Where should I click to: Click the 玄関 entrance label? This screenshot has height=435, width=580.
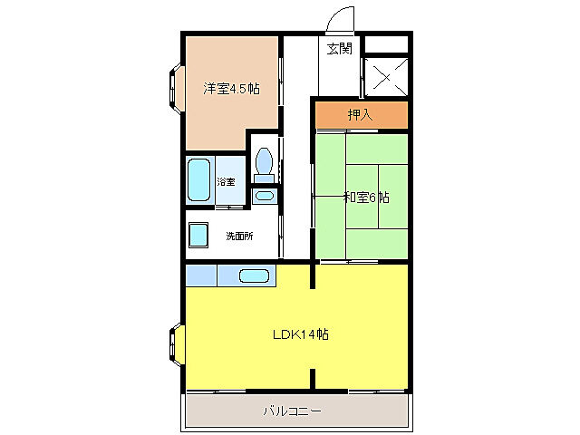pos(339,48)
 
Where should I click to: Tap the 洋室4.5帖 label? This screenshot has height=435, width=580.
pos(231,89)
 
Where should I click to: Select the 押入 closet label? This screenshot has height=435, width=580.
pos(360,115)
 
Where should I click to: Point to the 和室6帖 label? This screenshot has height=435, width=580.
pos(366,198)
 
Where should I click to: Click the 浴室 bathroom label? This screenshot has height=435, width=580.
pos(226,181)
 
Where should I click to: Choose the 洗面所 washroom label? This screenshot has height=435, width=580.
pos(239,236)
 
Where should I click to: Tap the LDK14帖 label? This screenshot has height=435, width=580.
pos(301,334)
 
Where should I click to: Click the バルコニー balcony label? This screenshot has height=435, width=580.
pos(292,411)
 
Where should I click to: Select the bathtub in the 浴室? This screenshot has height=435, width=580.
pos(199,180)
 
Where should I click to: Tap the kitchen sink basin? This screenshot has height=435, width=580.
pos(254,275)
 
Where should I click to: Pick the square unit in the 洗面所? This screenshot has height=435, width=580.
pos(198,235)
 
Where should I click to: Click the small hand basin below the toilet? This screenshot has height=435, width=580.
pos(264,196)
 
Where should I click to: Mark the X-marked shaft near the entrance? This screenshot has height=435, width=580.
pos(386,77)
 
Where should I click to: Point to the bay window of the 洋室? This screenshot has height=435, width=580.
pos(177,89)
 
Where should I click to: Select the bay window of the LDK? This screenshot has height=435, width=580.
pos(177,344)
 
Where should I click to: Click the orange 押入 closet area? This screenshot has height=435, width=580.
pos(362,115)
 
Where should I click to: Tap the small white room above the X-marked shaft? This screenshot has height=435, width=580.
pos(386,44)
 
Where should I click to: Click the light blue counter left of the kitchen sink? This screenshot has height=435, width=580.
pos(201,275)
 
